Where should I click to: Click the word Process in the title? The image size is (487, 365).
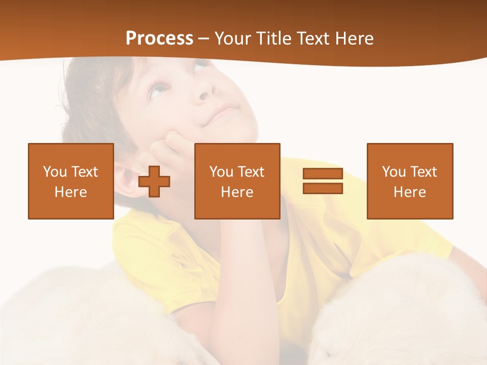[159, 39]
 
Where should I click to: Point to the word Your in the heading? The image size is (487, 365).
[233, 39]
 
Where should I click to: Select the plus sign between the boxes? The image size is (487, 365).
[154, 181]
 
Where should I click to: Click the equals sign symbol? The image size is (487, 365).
[323, 181]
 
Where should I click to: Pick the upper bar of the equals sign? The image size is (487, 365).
[323, 174]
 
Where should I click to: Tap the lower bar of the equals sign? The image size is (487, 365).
[323, 188]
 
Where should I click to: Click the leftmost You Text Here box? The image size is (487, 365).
[71, 181]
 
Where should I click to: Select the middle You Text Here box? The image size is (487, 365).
[237, 181]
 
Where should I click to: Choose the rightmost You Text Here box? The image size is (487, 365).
[409, 181]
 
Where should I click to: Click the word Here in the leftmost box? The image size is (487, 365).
[71, 192]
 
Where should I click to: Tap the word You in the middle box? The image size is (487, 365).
[221, 172]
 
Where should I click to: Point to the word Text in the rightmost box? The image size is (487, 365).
[424, 172]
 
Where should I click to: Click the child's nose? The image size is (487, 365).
[205, 91]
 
